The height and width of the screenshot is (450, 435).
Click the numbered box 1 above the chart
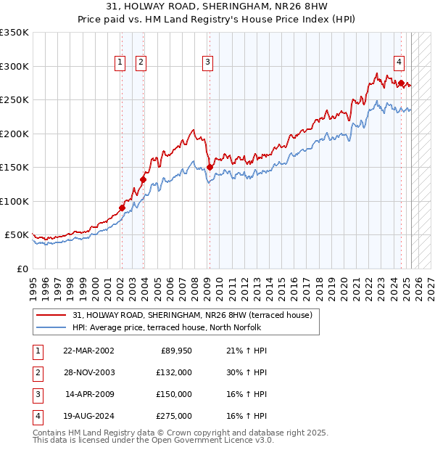120,62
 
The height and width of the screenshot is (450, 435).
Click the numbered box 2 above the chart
140,62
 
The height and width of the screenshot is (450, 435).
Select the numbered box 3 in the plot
207,62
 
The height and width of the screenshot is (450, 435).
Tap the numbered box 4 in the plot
399,62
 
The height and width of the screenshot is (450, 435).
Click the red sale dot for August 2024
401,83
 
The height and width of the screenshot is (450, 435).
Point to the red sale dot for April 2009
210,167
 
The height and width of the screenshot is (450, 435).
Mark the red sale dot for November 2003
144,179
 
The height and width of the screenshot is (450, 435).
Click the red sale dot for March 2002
122,208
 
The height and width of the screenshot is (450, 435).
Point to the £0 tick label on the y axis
21,269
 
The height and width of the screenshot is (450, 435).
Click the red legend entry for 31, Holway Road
192,316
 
